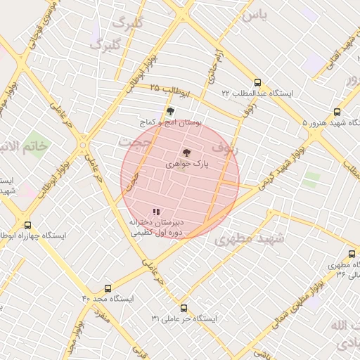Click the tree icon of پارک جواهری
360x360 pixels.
point(186,153)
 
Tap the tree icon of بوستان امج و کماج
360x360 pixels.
point(169,111)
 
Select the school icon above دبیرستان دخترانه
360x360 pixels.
point(156,211)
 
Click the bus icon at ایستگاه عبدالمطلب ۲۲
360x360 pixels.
point(257,82)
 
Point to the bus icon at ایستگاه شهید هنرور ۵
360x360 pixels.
point(337,112)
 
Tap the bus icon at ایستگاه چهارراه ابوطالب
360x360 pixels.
point(27,225)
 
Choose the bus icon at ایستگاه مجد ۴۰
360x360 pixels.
point(108,288)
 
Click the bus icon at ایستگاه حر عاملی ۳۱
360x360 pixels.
point(184,308)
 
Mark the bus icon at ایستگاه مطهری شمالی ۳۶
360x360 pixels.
point(352,254)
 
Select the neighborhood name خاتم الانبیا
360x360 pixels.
point(24,146)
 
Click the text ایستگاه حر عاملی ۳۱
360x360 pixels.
point(184,319)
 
